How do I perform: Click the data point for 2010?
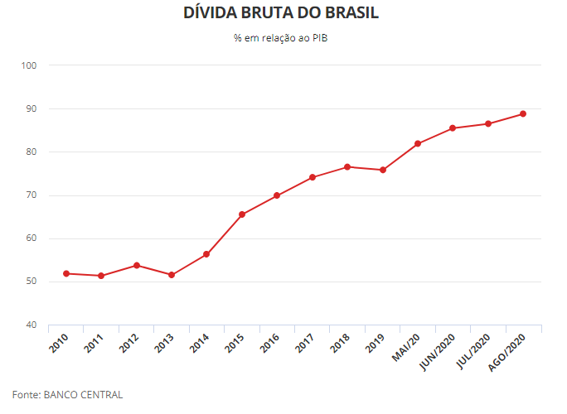coord(65,273)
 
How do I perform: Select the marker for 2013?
coord(172,275)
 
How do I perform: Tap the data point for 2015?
coord(242,214)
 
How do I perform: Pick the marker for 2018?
coord(347,166)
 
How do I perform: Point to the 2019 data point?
coord(383,170)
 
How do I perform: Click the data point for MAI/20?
coord(418,143)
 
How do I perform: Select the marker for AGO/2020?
coord(523,113)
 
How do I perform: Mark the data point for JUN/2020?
coord(453,128)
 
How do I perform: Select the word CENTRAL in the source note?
coord(102,395)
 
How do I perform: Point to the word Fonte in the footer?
coord(26,395)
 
